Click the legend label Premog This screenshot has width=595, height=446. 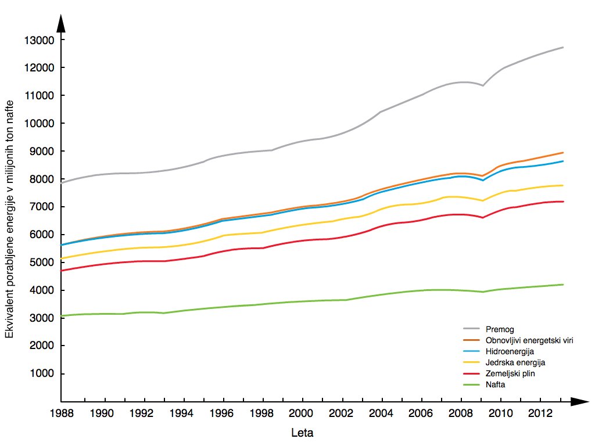coord(500,329)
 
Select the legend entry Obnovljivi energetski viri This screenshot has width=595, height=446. coord(529,340)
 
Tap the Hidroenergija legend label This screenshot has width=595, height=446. coord(510,351)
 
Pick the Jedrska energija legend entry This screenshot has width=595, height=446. coord(515,362)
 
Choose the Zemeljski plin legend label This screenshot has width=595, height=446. coord(510,373)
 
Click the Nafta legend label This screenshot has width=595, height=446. coord(495,384)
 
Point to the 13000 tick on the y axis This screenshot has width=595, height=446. coord(40,40)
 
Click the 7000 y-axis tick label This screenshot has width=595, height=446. coord(42,207)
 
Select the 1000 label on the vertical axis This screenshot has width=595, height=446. coord(42,373)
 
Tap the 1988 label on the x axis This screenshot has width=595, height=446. coord(62,413)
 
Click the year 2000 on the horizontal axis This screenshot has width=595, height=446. coord(301,413)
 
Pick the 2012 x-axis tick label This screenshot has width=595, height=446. coord(540,413)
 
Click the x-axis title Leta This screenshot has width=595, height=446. coord(302,433)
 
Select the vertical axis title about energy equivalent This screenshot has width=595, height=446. coord(9,219)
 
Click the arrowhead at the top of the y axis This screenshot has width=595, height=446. coord(61,23)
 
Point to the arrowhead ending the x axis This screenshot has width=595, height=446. coord(579,402)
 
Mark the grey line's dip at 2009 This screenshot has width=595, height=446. coord(483,85)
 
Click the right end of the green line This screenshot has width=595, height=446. coord(563,285)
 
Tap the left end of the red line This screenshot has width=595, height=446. coord(62,271)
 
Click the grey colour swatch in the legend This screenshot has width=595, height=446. coord(472,329)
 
